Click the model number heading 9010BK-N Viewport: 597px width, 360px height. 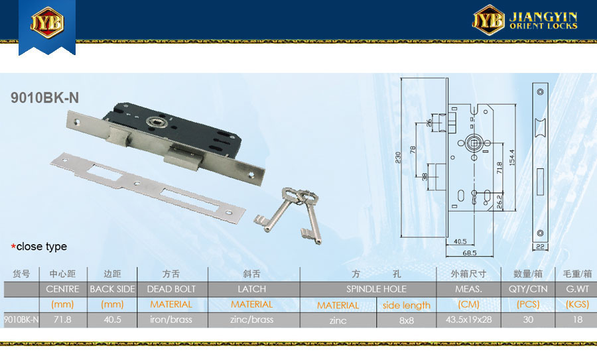tap(44, 98)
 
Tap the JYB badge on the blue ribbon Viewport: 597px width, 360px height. tap(47, 22)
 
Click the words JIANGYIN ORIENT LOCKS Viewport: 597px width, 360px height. tap(543, 21)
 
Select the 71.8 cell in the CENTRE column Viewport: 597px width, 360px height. tap(62, 320)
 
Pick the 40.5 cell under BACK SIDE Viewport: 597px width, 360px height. tap(112, 320)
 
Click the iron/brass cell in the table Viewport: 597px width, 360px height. tap(171, 320)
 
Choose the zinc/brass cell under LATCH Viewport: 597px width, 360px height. tap(251, 320)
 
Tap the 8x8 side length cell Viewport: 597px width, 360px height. tap(407, 320)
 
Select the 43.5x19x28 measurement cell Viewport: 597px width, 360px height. tap(469, 320)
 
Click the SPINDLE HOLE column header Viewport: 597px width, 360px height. tap(376, 289)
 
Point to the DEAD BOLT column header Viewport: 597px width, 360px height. tap(171, 289)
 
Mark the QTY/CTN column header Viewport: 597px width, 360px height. tap(528, 289)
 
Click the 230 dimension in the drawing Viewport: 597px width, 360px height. tap(398, 157)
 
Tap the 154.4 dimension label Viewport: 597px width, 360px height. tap(512, 157)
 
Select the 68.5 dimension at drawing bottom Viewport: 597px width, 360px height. tap(470, 253)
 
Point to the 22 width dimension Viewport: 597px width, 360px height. tap(540, 247)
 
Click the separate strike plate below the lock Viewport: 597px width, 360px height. tap(148, 186)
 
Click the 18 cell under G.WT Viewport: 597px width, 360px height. tap(578, 320)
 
